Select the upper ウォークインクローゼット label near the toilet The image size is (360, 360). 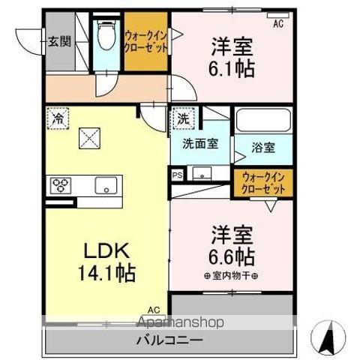(x=145, y=38)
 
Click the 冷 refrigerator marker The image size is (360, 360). (x=58, y=118)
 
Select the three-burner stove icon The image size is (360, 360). (x=61, y=184)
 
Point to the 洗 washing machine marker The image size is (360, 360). (x=183, y=118)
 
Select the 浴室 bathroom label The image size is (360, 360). (x=263, y=148)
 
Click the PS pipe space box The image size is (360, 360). (x=178, y=175)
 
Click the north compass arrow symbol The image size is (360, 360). (x=327, y=339)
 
